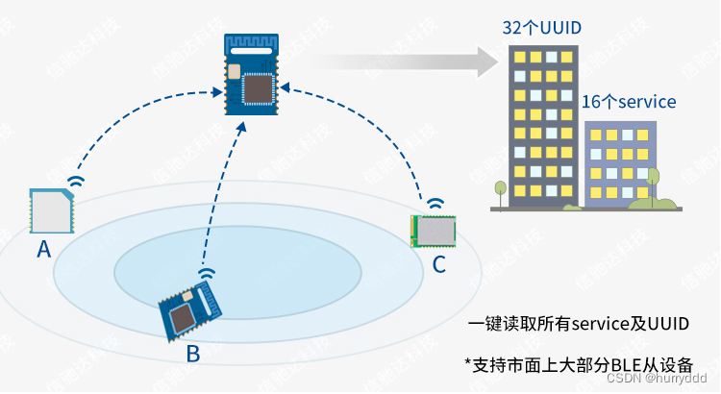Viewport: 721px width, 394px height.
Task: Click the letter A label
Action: pos(43,249)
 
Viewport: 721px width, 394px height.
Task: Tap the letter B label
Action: pos(193,353)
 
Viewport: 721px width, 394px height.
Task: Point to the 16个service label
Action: pos(629,101)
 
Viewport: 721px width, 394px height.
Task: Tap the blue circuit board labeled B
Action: pos(189,308)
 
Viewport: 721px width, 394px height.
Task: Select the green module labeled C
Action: pos(433,231)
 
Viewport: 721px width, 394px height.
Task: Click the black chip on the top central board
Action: pos(257,87)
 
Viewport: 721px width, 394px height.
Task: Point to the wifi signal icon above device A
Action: pos(75,180)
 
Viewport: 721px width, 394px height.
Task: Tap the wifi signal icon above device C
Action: pos(436,204)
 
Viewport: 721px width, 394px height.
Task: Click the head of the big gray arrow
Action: pos(480,62)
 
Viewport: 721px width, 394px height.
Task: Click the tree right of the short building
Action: pos(654,182)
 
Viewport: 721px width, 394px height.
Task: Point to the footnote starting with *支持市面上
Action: pos(578,364)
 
